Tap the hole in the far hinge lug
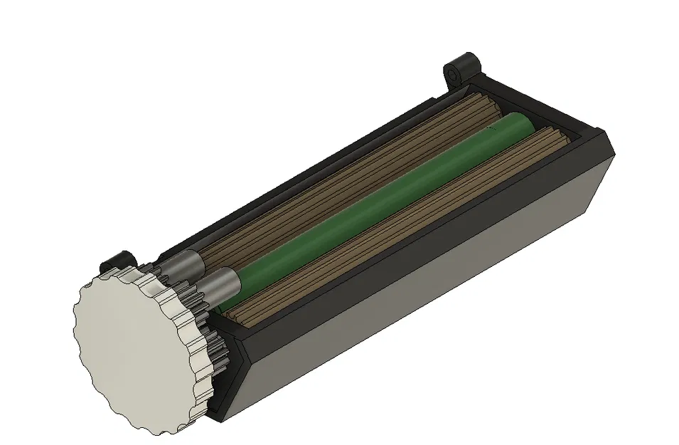click(x=452, y=73)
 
